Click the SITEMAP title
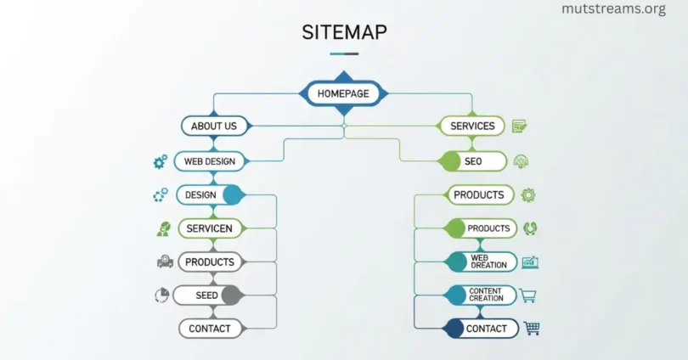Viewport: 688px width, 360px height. coord(344,32)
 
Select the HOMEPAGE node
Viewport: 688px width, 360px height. coord(344,93)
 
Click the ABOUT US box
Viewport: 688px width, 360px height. coord(214,126)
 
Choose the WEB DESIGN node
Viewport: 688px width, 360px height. coord(210,160)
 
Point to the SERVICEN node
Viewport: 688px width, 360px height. coord(210,228)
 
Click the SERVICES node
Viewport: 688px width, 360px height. coord(472,126)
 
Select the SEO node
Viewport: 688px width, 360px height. coord(473,160)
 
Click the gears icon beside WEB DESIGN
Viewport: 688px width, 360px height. coord(160,161)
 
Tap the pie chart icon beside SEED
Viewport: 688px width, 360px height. coord(161,295)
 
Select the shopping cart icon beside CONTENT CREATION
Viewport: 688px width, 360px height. coord(527,295)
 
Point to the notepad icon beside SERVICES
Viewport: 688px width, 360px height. coord(519,126)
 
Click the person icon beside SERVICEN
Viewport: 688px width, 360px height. coord(162,228)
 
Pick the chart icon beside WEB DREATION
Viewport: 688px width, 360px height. coord(530,262)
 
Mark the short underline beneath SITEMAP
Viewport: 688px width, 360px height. coord(344,53)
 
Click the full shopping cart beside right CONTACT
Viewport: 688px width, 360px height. coord(532,328)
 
